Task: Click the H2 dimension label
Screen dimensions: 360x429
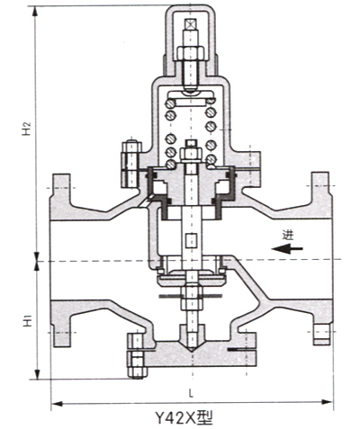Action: point(27,128)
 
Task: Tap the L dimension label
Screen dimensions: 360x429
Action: point(191,393)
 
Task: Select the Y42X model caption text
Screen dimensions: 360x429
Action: point(184,417)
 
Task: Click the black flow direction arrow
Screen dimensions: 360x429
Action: point(287,248)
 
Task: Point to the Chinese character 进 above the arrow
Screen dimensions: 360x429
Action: point(287,235)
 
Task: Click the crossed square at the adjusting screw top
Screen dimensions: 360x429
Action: point(191,24)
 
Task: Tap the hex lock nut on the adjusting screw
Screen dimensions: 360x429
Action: point(191,53)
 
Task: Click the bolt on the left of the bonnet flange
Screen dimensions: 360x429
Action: point(131,164)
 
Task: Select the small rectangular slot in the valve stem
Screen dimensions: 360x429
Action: point(191,240)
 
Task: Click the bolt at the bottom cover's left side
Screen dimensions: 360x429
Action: point(137,356)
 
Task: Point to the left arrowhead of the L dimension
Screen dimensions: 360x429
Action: point(57,404)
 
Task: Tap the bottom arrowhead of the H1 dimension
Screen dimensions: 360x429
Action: point(37,374)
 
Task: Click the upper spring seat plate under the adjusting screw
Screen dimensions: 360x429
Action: point(191,96)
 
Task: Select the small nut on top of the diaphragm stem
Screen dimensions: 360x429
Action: point(191,153)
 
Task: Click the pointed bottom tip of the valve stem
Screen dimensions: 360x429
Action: point(191,351)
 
